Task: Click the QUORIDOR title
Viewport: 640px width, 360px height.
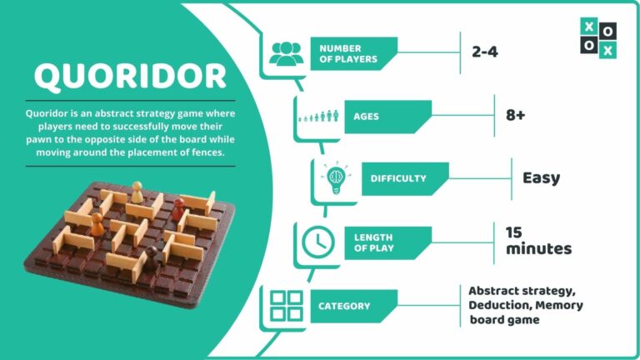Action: (x=130, y=77)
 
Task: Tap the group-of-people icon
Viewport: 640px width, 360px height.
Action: (x=286, y=53)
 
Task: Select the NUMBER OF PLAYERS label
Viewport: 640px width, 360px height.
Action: (x=348, y=53)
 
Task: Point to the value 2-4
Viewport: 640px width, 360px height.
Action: (x=485, y=52)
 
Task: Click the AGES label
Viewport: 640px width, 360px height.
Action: (x=366, y=117)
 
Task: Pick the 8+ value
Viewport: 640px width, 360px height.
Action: (x=516, y=115)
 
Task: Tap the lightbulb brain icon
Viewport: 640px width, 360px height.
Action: (x=336, y=178)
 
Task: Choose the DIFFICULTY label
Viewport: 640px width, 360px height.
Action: (x=398, y=178)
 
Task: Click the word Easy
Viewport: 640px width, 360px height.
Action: (x=541, y=178)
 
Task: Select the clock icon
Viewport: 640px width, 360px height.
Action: (x=318, y=242)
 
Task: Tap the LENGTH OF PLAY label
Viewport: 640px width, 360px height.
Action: (x=373, y=242)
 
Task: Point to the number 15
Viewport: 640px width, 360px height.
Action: (x=514, y=232)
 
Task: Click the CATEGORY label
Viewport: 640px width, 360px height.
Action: (x=344, y=306)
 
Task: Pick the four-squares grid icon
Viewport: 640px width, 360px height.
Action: (x=287, y=306)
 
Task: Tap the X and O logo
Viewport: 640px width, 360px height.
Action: (x=598, y=38)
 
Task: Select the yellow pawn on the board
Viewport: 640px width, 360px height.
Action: (x=137, y=192)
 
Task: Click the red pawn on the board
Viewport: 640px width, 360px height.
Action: (x=178, y=209)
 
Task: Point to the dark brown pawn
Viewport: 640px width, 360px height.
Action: (x=152, y=257)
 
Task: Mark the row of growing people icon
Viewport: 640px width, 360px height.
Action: (x=318, y=117)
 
